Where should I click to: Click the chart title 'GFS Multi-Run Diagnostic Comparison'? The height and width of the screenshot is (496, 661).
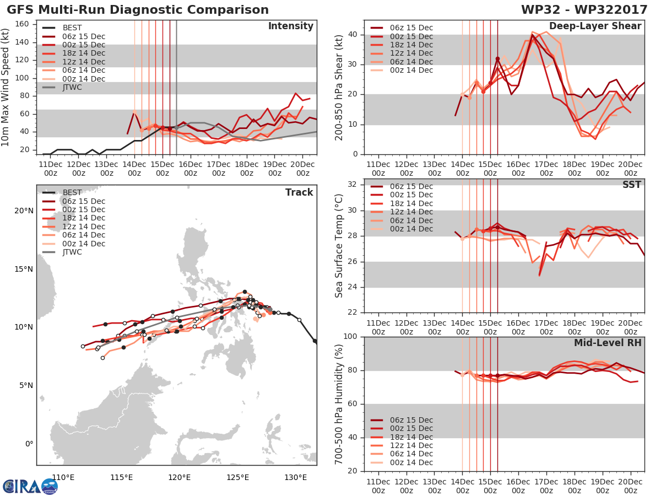point(138,9)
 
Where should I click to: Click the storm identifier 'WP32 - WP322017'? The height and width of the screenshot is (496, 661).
point(584,9)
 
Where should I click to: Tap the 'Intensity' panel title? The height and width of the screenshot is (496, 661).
point(291,26)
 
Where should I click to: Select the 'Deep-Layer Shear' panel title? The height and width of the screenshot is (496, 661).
point(595,26)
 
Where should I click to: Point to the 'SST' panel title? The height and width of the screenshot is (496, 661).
point(632,185)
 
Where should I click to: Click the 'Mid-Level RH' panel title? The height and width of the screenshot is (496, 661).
point(608,343)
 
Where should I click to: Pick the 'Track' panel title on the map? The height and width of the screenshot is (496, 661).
point(299,192)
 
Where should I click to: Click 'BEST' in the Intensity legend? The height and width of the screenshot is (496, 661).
point(72,28)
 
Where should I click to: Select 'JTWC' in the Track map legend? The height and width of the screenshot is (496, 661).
point(72,252)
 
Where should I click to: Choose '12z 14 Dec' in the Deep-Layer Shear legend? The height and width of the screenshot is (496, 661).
point(411,53)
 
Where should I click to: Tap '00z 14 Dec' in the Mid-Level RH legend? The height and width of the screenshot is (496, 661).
point(411,462)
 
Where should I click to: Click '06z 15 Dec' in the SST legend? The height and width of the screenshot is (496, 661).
point(411,186)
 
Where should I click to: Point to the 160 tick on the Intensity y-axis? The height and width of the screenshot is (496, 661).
point(22,24)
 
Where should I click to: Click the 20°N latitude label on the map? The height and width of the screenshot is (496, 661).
point(24,211)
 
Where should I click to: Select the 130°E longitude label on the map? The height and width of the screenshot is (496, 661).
point(296,478)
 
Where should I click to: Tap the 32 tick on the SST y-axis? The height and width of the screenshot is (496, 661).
point(353,184)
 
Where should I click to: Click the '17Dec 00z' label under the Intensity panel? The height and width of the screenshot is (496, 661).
point(218,169)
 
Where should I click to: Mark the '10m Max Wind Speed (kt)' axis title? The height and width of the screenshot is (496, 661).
point(5,87)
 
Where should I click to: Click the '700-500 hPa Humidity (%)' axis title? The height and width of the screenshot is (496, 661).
point(339,405)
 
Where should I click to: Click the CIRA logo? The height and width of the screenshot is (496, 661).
point(30,487)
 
